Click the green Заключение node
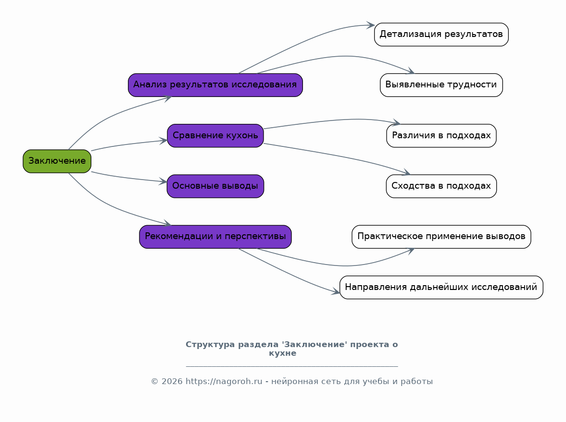57,161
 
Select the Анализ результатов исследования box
215,85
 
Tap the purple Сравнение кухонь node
215,135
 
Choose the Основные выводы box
215,186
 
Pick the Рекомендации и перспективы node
215,237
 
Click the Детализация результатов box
441,35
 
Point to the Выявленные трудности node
441,85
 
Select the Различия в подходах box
441,135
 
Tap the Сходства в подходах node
441,186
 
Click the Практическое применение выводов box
441,237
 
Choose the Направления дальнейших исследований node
441,287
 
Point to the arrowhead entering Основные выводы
163,181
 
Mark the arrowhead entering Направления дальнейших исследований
336,291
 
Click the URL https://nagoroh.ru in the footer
224,382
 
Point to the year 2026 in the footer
172,382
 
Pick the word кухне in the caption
283,353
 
